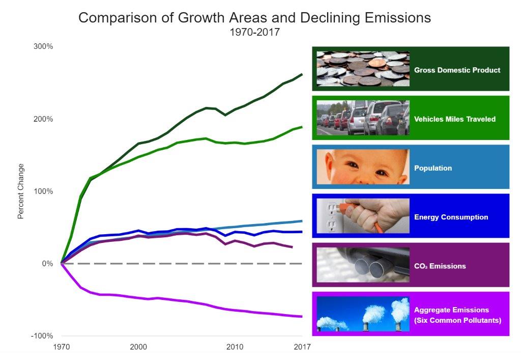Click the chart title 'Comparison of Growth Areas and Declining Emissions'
(x=254, y=18)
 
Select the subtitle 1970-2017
(x=254, y=32)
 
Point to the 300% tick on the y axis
(x=43, y=46)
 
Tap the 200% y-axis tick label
(x=43, y=119)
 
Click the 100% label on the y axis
(x=43, y=191)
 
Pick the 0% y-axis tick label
(x=47, y=263)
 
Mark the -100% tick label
(x=42, y=336)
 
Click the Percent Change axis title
(x=21, y=191)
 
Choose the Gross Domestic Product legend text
(x=457, y=70)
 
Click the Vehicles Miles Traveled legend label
(x=454, y=119)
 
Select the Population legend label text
(x=432, y=168)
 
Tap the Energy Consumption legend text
(x=451, y=217)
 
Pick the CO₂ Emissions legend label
(x=440, y=266)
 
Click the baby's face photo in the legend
(x=363, y=167)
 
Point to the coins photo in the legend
(x=363, y=68)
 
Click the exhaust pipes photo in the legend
(x=363, y=265)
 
